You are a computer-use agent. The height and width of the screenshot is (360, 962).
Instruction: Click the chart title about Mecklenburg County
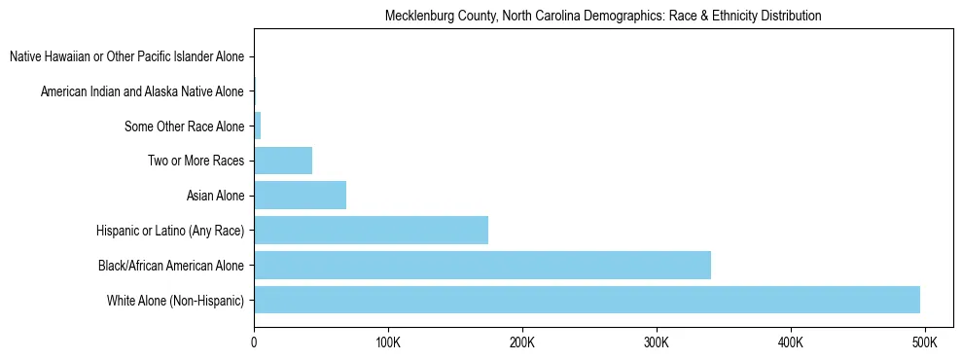click(x=603, y=16)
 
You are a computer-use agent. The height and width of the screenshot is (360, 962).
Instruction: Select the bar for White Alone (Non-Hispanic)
click(x=587, y=300)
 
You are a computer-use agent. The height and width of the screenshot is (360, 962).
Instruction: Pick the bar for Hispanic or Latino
click(x=371, y=231)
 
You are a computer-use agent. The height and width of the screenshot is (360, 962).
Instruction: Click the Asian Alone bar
click(x=300, y=196)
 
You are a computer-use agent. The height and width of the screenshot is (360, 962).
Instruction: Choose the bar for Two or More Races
click(x=283, y=161)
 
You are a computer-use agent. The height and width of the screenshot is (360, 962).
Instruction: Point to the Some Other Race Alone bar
click(x=258, y=126)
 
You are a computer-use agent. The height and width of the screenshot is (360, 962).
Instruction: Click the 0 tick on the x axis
click(x=254, y=343)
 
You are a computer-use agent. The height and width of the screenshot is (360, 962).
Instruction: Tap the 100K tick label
click(x=387, y=343)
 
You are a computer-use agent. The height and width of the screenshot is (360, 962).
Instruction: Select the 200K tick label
click(x=521, y=343)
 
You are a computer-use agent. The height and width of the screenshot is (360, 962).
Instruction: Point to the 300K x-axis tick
click(x=656, y=343)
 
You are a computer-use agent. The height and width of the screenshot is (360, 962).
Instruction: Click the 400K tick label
click(x=790, y=343)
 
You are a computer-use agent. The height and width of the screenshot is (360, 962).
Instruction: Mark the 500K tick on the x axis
click(x=924, y=343)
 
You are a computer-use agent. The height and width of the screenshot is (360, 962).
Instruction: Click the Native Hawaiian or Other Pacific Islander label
click(x=126, y=57)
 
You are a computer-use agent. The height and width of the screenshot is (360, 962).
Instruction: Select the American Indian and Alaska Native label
click(x=142, y=91)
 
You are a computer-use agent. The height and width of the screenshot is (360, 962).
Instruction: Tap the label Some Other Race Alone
click(x=184, y=126)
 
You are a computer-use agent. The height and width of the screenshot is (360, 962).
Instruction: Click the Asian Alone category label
click(x=215, y=196)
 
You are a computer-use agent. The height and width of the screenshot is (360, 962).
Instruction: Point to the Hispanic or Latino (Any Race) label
click(x=170, y=231)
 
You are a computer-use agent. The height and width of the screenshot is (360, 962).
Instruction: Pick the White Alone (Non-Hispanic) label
click(x=175, y=300)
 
